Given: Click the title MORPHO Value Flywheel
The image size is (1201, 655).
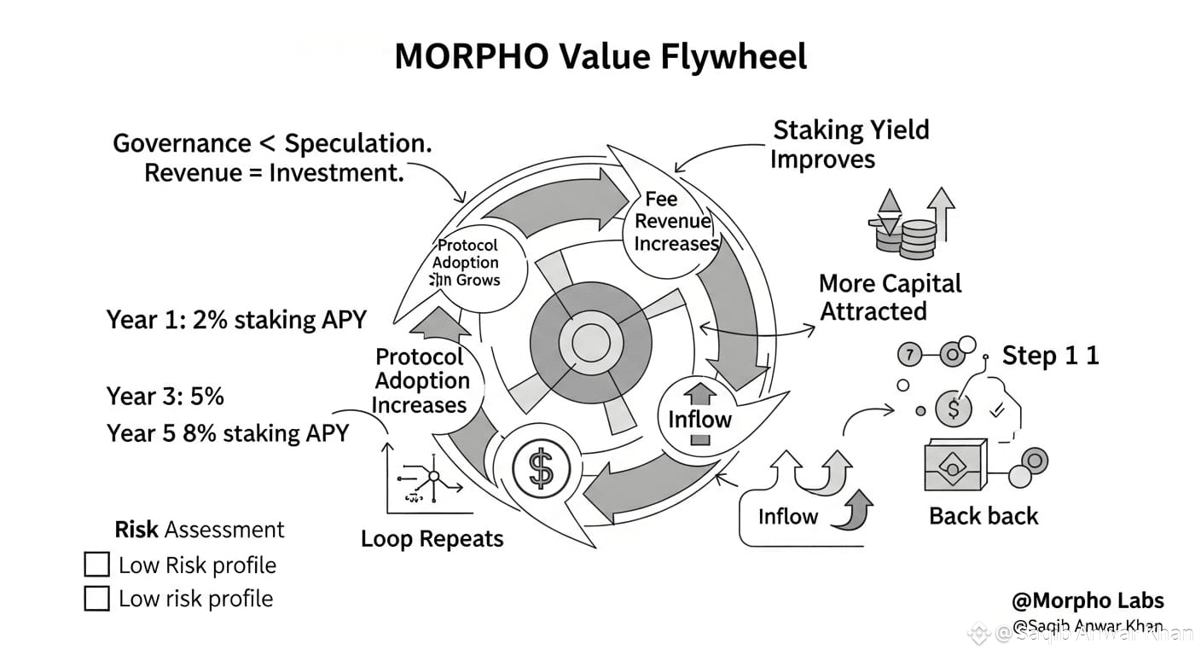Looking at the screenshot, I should [600, 57].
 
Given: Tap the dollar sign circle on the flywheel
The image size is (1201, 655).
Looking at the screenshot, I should [540, 466].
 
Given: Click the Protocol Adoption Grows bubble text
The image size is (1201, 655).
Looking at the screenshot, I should [466, 263].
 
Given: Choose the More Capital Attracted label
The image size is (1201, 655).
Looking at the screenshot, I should [890, 297].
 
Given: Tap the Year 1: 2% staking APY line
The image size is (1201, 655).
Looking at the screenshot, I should [236, 320].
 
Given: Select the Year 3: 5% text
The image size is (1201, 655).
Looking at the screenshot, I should [165, 396].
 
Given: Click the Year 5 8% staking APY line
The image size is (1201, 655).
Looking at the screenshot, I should [228, 432].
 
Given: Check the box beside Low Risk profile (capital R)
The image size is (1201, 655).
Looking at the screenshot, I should [97, 565].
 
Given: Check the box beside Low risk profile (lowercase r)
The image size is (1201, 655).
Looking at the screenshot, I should [97, 599].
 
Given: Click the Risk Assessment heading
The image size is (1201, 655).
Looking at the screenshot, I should [200, 530].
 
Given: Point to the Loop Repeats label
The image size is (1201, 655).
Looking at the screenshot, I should [432, 539].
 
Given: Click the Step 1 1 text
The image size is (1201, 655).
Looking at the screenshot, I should [1050, 355].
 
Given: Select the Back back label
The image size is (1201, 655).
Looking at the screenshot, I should [983, 516].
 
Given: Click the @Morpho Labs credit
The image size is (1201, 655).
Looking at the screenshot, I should [1088, 601].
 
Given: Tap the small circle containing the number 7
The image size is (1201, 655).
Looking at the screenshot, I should [911, 353].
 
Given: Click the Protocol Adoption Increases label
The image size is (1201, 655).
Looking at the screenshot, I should [421, 380].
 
